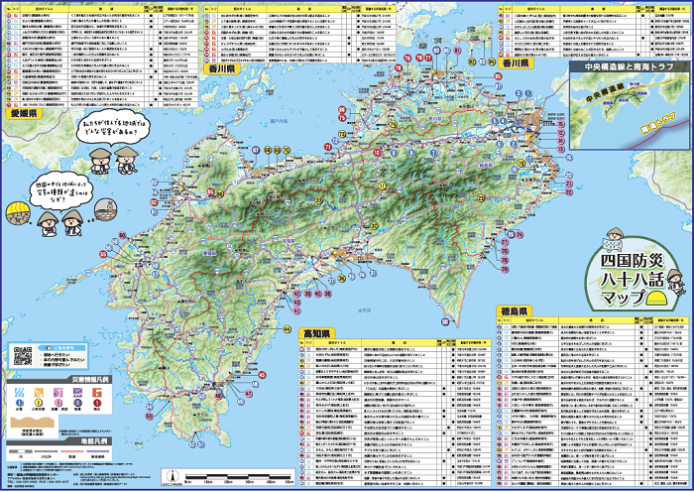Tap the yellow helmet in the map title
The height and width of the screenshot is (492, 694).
point(654,299)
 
